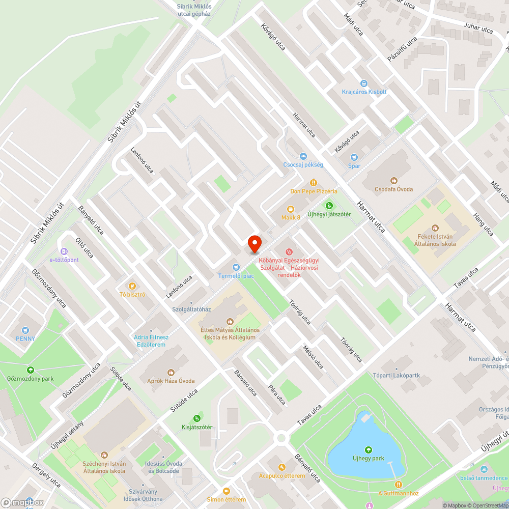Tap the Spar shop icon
[354, 157]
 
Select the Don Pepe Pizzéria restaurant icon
[314, 183]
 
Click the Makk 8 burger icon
[291, 209]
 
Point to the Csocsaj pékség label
[303, 165]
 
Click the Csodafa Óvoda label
[394, 189]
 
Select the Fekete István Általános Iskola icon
[435, 229]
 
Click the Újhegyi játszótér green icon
[329, 206]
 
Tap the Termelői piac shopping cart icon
[236, 267]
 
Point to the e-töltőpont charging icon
[64, 251]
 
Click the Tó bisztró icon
[132, 286]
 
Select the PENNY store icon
[25, 330]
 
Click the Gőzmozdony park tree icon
[30, 370]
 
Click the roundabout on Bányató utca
[280, 438]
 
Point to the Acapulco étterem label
[282, 476]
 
